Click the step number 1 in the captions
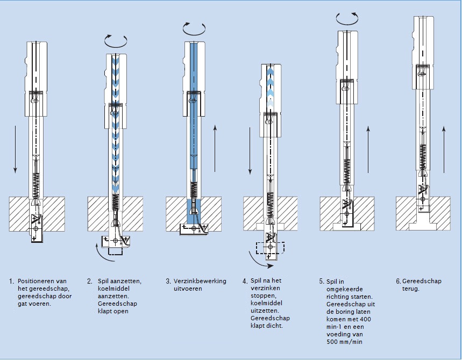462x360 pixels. coord(11,281)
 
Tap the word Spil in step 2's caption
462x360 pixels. coord(102,281)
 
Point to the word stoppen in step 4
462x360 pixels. coord(261,296)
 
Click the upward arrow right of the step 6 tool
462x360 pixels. coord(444,150)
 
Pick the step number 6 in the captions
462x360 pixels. coord(398,281)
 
